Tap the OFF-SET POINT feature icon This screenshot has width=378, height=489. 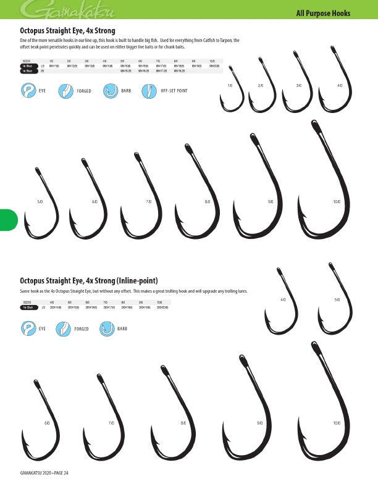(x=148, y=91)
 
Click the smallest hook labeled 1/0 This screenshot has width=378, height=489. (x=232, y=93)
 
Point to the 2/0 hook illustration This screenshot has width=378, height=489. (x=262, y=90)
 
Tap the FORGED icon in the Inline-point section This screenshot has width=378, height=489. (x=62, y=329)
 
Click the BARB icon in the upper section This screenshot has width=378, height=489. (x=111, y=91)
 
